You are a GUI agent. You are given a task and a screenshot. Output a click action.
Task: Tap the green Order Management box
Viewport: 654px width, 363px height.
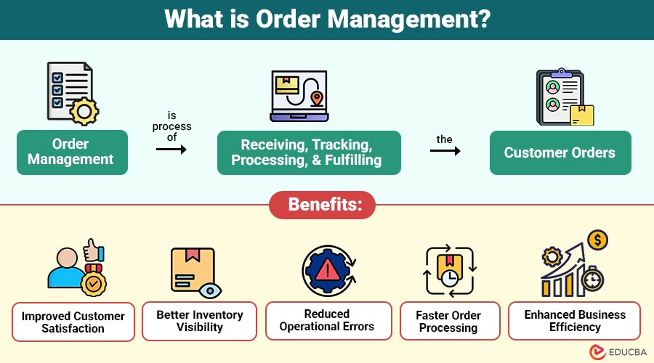point(72,152)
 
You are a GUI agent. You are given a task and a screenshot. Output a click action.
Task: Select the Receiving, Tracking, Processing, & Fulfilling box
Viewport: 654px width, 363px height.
point(309,152)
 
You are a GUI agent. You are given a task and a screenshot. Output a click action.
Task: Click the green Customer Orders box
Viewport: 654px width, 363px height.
point(560,152)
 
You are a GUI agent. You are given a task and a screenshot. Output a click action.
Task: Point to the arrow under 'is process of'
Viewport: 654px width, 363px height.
point(171,150)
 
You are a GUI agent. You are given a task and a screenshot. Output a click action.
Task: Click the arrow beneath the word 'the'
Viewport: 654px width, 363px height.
point(445,150)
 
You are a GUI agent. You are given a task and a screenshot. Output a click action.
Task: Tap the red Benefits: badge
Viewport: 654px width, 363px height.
point(322,205)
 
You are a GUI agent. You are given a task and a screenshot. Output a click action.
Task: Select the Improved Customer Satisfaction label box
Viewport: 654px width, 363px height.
point(73,322)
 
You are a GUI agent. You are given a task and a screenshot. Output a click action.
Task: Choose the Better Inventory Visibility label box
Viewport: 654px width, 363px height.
point(199,321)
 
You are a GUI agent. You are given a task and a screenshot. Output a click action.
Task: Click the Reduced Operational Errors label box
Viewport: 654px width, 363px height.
point(328,320)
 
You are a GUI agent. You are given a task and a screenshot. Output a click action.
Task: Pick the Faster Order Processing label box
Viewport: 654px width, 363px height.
point(450,321)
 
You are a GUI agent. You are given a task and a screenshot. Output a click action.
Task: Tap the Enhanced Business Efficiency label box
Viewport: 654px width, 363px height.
point(574,320)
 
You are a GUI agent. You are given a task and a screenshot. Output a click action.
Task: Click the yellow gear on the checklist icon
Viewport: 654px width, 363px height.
point(84,111)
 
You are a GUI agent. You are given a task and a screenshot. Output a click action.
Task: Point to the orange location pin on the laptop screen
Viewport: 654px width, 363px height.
point(317,99)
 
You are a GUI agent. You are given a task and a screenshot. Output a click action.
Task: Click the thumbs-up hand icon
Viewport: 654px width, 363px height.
point(94,251)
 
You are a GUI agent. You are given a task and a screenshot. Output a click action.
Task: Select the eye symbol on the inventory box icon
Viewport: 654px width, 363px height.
point(210,290)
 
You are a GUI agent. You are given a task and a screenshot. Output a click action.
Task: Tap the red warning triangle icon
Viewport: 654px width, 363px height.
point(328,269)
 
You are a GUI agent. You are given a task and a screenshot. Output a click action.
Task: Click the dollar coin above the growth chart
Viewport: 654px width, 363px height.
point(598,240)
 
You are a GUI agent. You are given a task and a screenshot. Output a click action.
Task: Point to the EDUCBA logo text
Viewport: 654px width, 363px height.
point(627,352)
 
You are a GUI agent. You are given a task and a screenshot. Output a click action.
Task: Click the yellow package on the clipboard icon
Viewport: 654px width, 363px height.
point(582,115)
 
